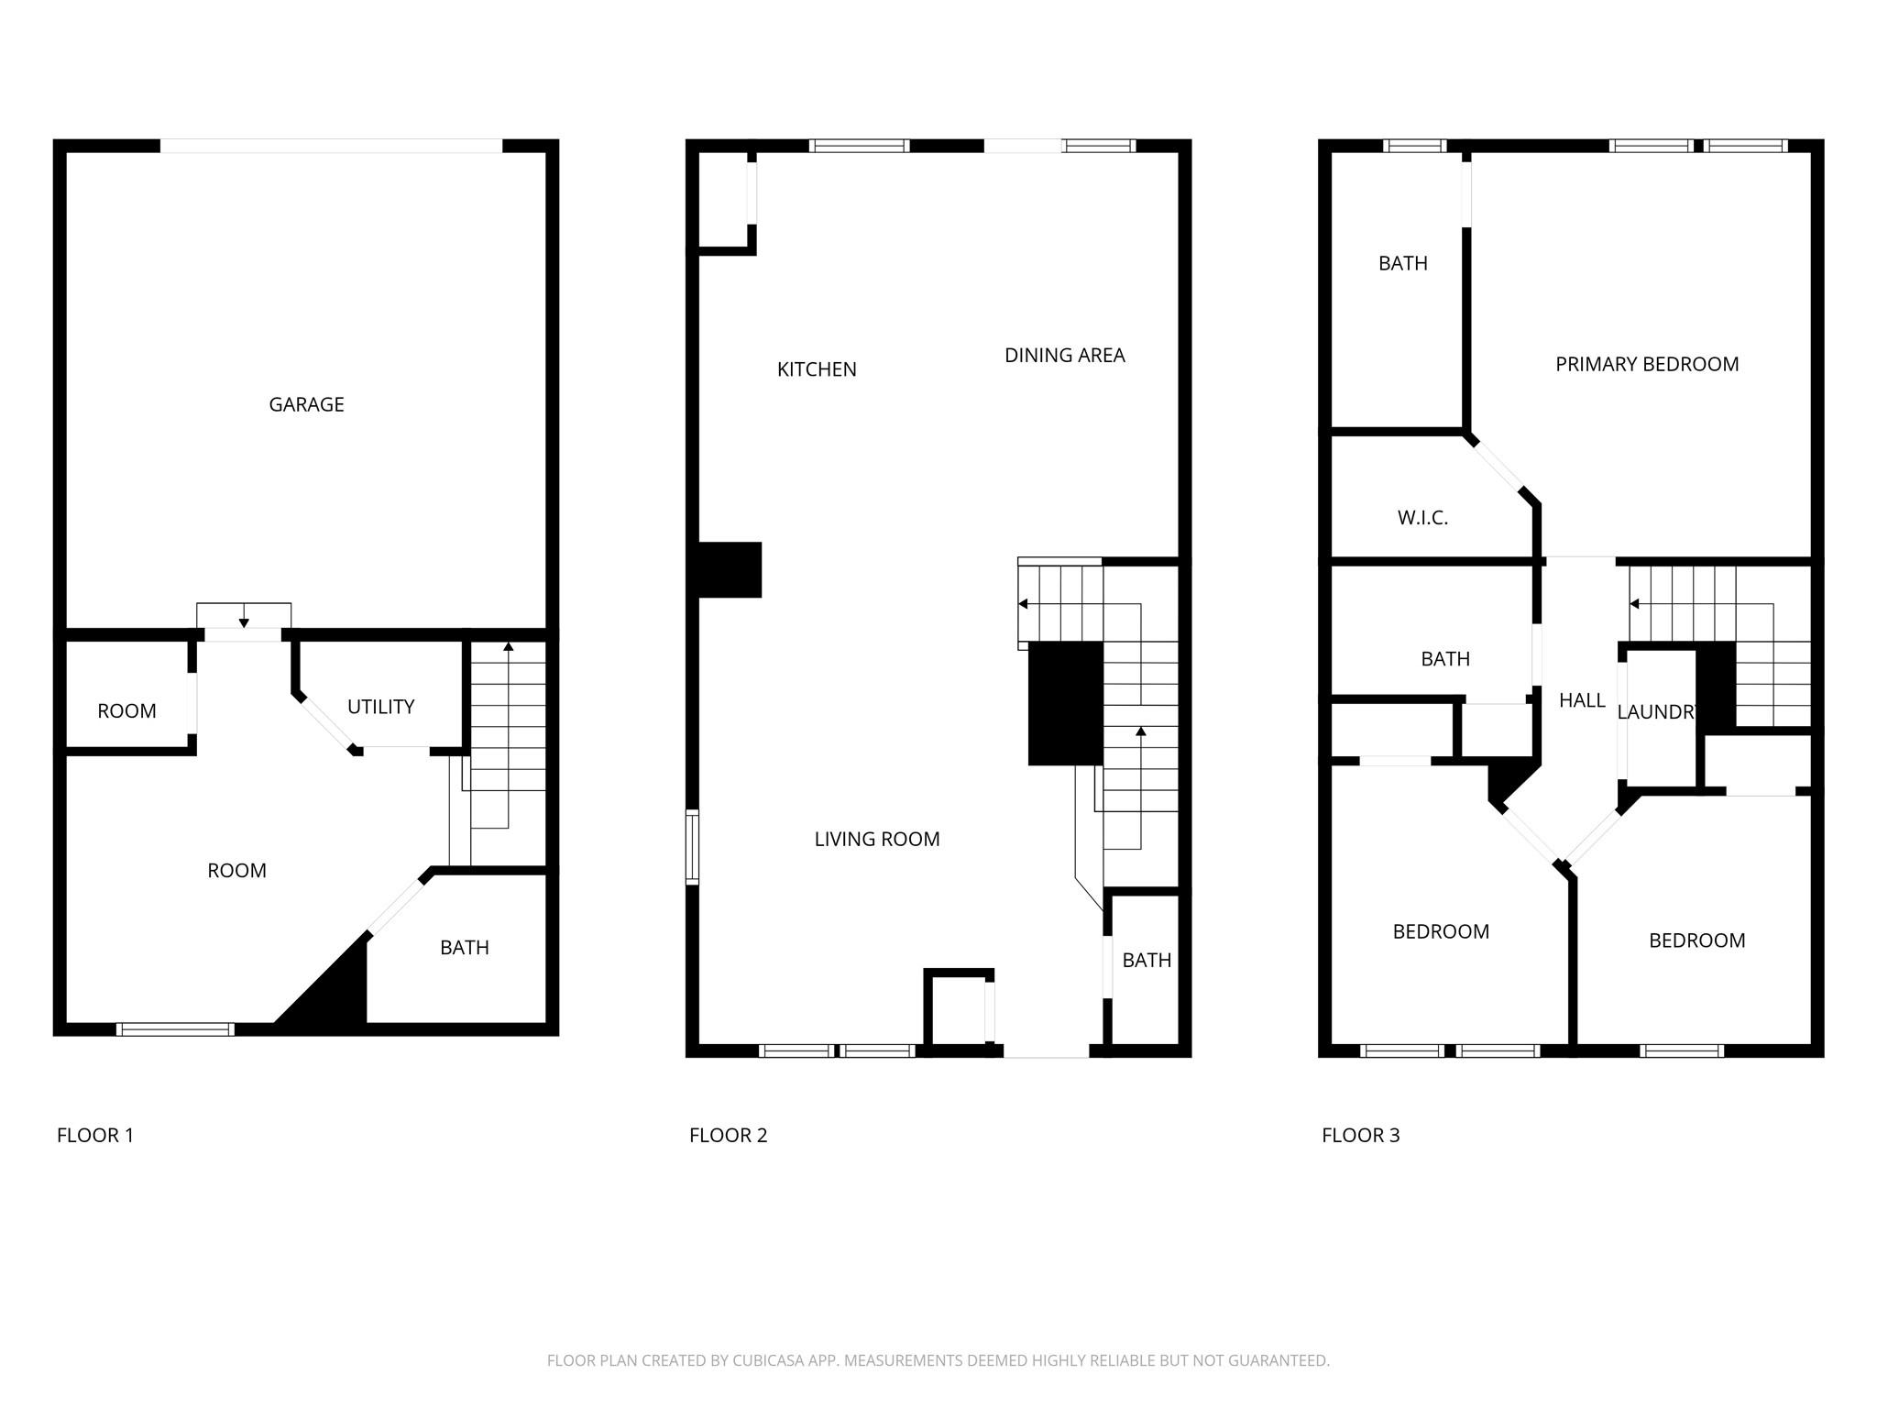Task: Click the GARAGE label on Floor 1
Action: pos(306,404)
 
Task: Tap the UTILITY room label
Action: pos(380,707)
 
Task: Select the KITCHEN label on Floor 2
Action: pos(817,369)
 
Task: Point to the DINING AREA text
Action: pos(1064,356)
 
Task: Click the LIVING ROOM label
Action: pos(877,839)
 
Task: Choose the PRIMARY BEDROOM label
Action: pos(1647,364)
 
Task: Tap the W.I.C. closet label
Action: pos(1422,518)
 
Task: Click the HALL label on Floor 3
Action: pos(1582,700)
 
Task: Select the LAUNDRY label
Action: pos(1658,712)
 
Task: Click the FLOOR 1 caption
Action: pos(95,1136)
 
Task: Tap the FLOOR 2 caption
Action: pos(728,1136)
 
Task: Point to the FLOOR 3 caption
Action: pos(1360,1136)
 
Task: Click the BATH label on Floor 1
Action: pos(464,948)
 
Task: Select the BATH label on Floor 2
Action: pos(1147,960)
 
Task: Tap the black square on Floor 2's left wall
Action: pos(730,570)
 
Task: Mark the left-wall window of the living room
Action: pos(693,847)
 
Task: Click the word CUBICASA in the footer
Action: pos(768,1361)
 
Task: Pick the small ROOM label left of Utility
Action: pos(126,711)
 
